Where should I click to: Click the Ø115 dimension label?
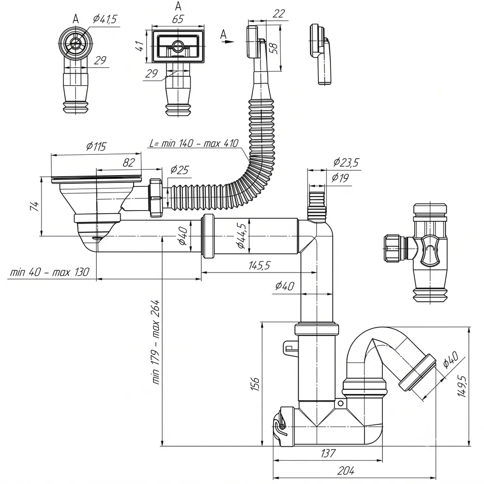[x=96, y=146]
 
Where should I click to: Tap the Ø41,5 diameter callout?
[x=105, y=19]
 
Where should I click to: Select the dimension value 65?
[x=178, y=19]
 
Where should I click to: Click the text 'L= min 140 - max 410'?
[x=194, y=143]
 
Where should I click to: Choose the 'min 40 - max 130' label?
[x=49, y=272]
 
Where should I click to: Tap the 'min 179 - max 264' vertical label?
[x=156, y=342]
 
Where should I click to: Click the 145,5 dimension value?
[x=259, y=265]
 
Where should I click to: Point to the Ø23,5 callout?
[x=346, y=162]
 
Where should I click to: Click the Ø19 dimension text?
[x=340, y=178]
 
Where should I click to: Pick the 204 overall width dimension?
[x=346, y=471]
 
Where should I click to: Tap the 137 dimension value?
[x=328, y=453]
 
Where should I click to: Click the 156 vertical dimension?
[x=255, y=384]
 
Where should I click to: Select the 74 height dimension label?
[x=34, y=206]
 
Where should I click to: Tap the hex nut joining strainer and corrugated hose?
[x=156, y=197]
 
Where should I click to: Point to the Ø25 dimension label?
[x=180, y=169]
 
